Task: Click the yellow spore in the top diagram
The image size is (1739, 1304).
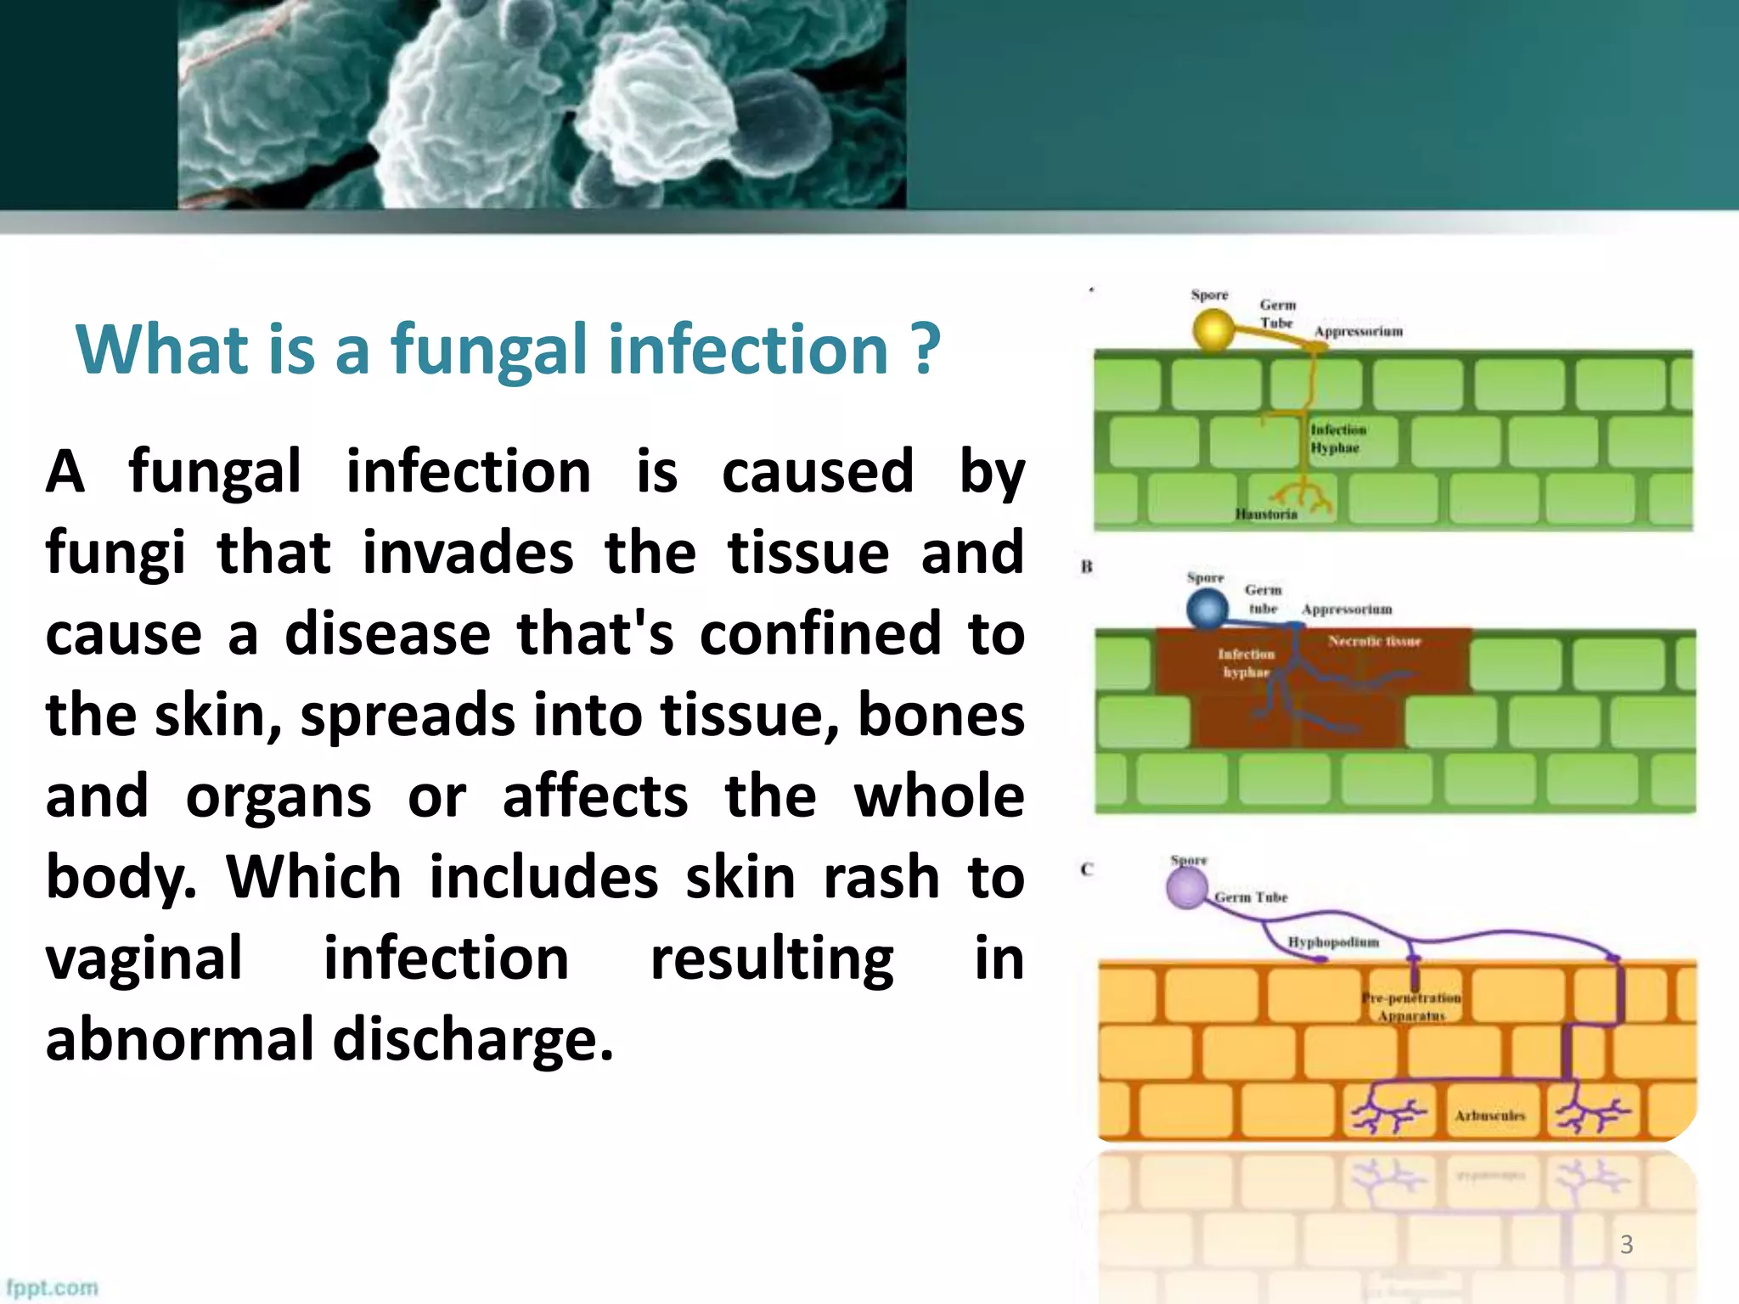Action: (1213, 329)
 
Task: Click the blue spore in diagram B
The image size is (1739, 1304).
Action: (1207, 609)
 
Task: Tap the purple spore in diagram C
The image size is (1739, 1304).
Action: (1186, 889)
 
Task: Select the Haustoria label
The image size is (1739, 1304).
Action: (1266, 514)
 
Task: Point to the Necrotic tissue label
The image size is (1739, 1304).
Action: (1374, 641)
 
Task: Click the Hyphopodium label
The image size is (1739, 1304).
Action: (1333, 941)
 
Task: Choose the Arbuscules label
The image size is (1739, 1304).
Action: (1489, 1116)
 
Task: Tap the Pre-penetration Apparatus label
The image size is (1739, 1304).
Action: (1411, 1006)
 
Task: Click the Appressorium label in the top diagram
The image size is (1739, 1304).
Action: (1359, 331)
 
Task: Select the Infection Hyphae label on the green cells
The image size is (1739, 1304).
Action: (1337, 438)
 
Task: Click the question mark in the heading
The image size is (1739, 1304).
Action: (926, 349)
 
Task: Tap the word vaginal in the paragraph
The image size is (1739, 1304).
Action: (144, 958)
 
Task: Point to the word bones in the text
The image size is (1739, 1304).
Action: (941, 715)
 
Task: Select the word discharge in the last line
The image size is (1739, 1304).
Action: (472, 1039)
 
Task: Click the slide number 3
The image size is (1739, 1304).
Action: (1626, 1244)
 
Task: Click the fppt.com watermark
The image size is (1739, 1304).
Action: (53, 1287)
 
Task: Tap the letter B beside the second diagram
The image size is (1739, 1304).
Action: (1087, 566)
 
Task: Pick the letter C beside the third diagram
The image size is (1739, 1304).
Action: (1087, 868)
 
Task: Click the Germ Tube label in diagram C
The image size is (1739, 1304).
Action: (1251, 897)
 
